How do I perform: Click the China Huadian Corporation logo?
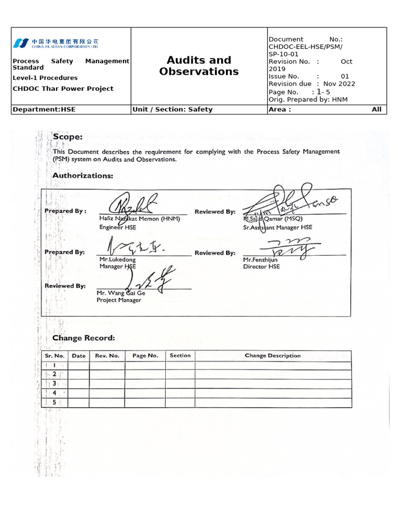[x=55, y=43]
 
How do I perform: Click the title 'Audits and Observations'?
[x=199, y=66]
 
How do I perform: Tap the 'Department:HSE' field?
[x=44, y=109]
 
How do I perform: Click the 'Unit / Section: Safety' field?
[x=173, y=109]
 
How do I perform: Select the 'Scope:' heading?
[x=67, y=137]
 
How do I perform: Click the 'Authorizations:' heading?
[x=83, y=176]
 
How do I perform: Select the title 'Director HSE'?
[x=261, y=267]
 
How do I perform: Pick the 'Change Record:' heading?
[x=83, y=338]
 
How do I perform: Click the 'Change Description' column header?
[x=273, y=356]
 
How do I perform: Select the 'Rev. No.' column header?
[x=107, y=356]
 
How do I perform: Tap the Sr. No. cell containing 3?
[x=54, y=384]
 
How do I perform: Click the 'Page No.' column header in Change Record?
[x=145, y=356]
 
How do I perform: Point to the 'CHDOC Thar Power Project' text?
[x=63, y=89]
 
